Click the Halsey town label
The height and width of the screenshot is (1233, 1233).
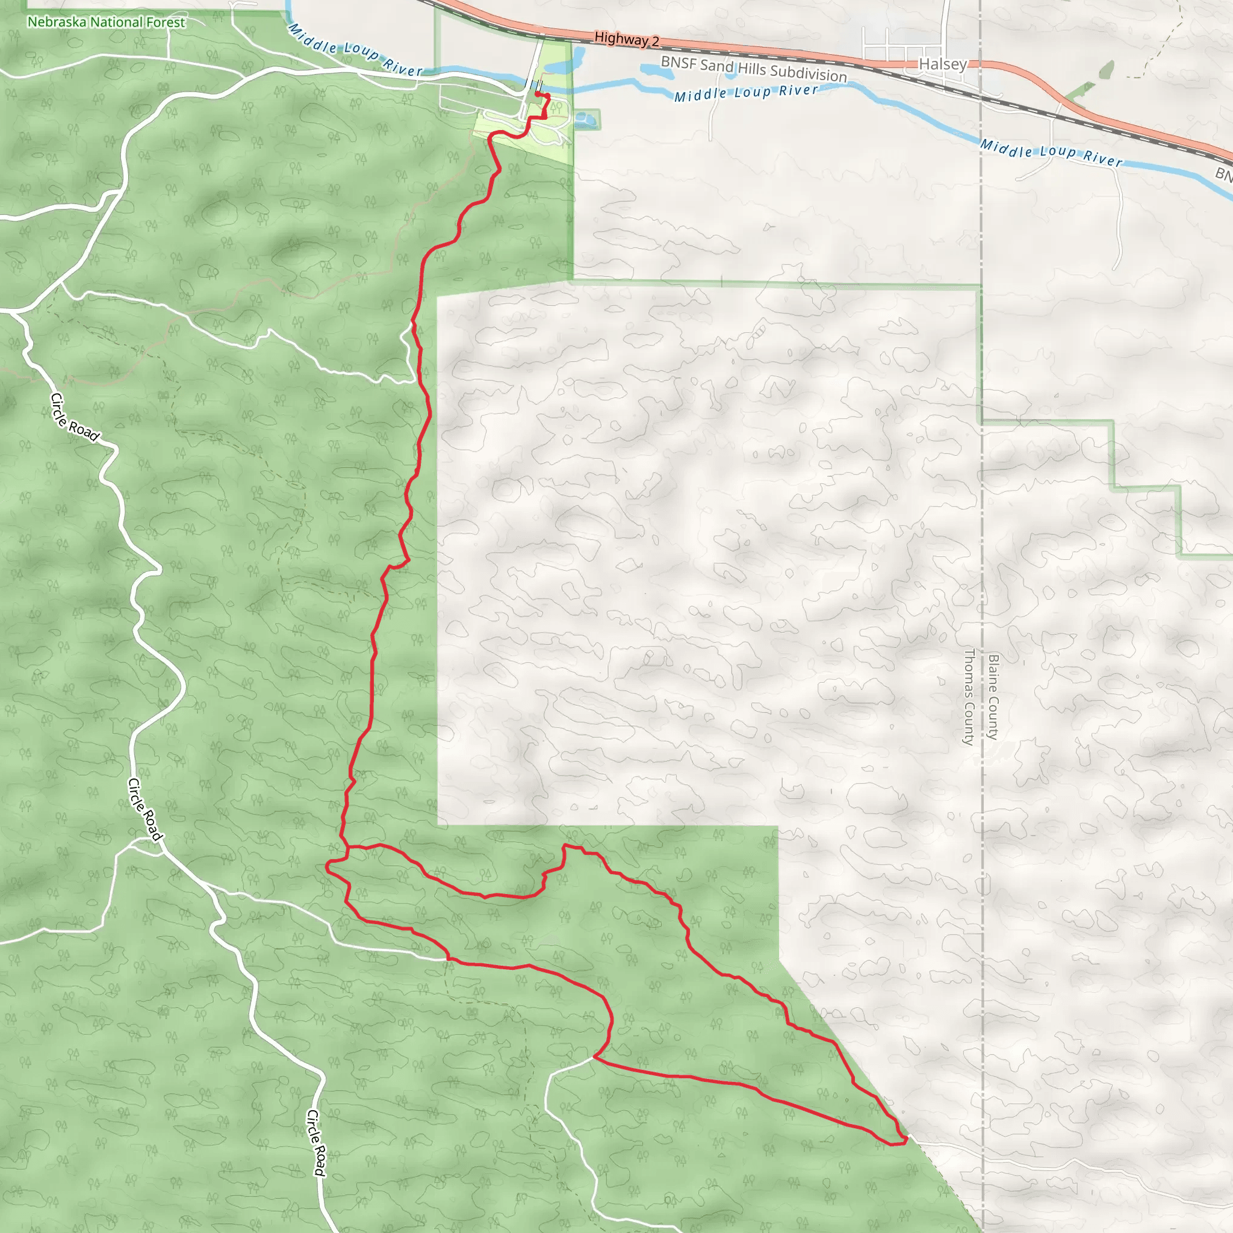coord(943,64)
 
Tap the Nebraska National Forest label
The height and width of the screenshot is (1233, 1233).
coord(106,22)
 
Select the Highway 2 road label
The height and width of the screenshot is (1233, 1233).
coord(626,39)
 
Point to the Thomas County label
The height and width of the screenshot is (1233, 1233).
coord(968,697)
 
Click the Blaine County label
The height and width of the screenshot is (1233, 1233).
coord(992,697)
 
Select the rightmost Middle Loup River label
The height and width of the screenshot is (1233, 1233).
coord(1051,152)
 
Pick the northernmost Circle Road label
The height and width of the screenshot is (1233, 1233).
coord(75,417)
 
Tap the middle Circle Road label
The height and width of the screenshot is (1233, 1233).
coord(146,809)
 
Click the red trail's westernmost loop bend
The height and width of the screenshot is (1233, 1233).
coord(328,866)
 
